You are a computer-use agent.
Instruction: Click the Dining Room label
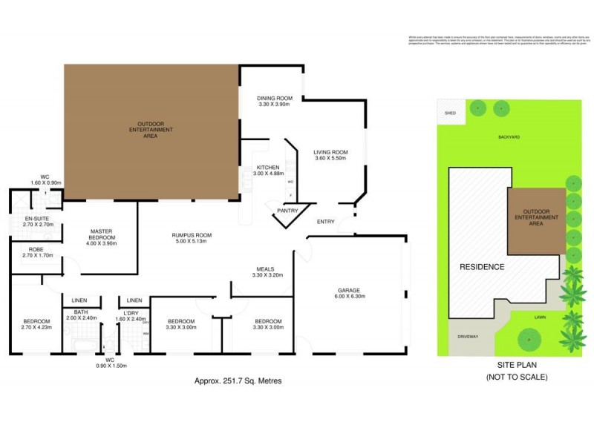[x=275, y=98]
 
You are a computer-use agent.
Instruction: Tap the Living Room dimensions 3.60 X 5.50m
[x=330, y=159]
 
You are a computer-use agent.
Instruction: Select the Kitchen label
[x=267, y=168]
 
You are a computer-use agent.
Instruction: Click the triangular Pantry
[x=287, y=211]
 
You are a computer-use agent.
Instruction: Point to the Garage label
[x=349, y=290]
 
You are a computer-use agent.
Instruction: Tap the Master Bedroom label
[x=101, y=234]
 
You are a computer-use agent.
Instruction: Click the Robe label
[x=35, y=249]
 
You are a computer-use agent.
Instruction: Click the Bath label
[x=81, y=312]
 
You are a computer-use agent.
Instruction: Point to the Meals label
[x=265, y=269]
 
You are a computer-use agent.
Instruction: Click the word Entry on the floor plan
[x=325, y=222]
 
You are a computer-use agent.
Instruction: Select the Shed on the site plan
[x=449, y=113]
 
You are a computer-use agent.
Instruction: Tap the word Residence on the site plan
[x=482, y=267]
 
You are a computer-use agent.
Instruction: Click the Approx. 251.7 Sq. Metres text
[x=238, y=380]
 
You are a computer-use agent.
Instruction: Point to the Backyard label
[x=509, y=137]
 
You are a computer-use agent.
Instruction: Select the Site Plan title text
[x=516, y=366]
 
